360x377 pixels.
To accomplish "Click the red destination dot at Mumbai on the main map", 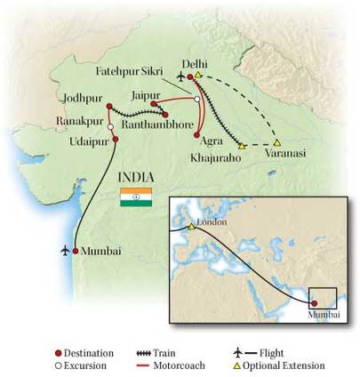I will point(76,251).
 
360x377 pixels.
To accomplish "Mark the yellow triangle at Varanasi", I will point(277,142).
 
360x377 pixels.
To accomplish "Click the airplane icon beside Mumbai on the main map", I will point(64,251).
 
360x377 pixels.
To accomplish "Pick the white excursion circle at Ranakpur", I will point(110,127).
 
